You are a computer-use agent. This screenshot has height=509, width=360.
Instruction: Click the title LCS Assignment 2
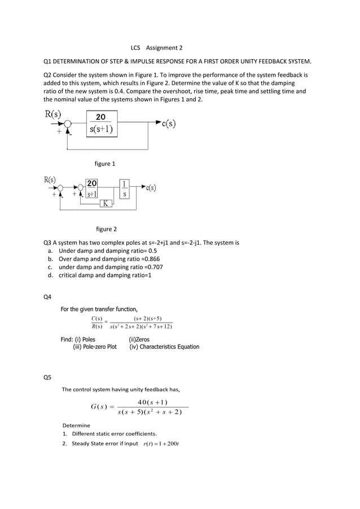(x=156, y=48)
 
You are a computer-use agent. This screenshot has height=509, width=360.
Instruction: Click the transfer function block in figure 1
(x=101, y=123)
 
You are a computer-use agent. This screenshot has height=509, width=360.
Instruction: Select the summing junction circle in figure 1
(x=68, y=124)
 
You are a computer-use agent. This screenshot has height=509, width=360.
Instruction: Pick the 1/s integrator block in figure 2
(x=124, y=189)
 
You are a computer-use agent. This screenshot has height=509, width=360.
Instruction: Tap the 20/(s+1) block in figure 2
(x=91, y=188)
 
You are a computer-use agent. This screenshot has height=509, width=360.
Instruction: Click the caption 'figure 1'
(x=105, y=164)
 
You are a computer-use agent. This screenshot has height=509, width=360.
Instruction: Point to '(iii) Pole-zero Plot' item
(x=95, y=347)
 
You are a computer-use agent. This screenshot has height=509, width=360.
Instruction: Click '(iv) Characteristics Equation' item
(x=164, y=347)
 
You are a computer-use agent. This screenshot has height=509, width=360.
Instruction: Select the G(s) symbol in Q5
(x=99, y=407)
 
